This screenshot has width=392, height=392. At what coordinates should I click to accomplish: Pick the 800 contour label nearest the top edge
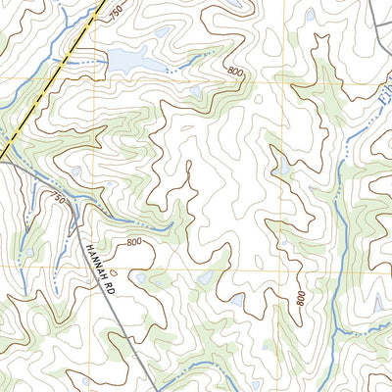point(233,72)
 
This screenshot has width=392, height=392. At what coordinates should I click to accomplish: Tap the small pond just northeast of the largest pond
point(197,91)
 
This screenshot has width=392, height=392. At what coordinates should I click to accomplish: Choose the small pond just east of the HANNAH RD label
point(143,278)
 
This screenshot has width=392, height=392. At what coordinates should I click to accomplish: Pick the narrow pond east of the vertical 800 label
point(377,305)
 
